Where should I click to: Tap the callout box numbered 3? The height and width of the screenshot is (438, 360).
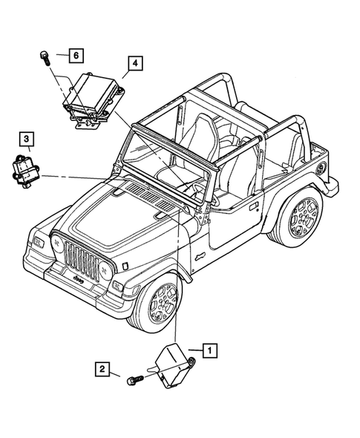(25, 139)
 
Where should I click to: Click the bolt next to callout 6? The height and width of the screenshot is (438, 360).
(45, 56)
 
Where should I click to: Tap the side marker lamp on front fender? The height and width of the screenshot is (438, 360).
(125, 264)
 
